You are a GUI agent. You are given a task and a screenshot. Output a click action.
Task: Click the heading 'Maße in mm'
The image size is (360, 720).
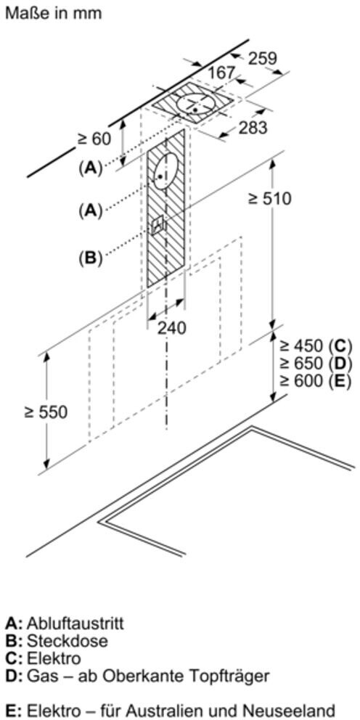[x=53, y=13]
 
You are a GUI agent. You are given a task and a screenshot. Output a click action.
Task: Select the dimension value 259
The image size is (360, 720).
[x=263, y=58]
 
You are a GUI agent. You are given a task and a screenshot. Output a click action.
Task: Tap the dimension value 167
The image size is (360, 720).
[x=222, y=73]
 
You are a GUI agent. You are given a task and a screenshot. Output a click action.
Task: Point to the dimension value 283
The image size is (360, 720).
[x=253, y=128]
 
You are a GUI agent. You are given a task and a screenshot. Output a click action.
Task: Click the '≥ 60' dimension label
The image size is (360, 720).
[x=94, y=139]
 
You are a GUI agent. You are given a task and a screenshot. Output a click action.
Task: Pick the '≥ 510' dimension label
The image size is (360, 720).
[x=270, y=199]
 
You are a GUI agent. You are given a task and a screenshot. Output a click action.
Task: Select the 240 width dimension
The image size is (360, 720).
[x=172, y=328]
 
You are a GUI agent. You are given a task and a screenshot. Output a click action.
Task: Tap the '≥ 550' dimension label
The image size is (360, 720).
[x=46, y=412]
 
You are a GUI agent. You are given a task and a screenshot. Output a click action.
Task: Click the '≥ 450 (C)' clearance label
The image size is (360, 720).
[x=316, y=345]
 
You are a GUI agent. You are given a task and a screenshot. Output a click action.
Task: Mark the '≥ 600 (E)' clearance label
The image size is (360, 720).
[x=316, y=381]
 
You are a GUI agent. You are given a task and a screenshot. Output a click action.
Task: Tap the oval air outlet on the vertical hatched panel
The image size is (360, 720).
[x=164, y=171]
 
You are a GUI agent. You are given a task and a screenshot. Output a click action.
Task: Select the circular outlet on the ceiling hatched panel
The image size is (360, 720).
[x=194, y=104]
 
